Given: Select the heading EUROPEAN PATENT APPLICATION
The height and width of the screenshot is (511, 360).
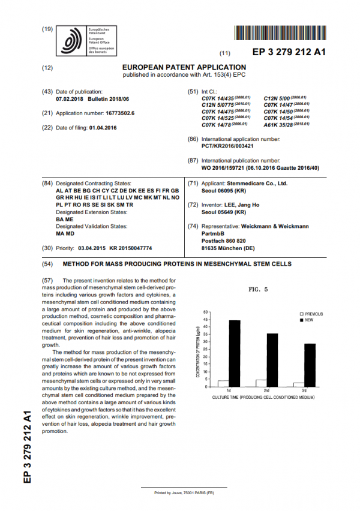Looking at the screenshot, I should [x=184, y=67].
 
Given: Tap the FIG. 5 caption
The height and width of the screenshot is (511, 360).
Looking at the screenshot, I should [x=258, y=290].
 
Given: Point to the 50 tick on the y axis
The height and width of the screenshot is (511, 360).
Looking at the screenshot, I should [x=206, y=312].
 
